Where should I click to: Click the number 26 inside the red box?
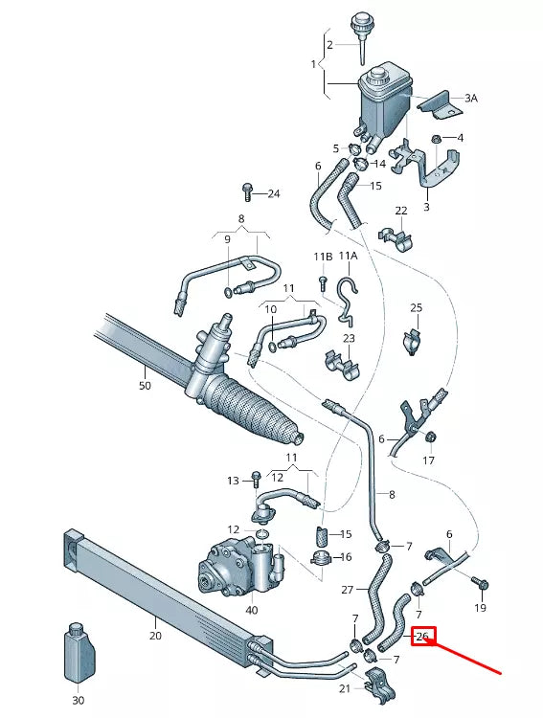(423, 636)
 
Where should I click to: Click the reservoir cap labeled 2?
(362, 26)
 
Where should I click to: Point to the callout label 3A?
(470, 98)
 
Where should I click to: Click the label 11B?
(323, 258)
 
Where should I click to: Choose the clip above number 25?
(413, 340)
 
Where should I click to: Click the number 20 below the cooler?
(154, 634)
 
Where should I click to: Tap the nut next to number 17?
(430, 438)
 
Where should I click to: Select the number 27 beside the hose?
(348, 590)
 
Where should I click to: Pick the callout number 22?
(401, 211)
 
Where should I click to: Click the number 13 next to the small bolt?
(233, 481)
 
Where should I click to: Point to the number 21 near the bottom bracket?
(345, 688)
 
